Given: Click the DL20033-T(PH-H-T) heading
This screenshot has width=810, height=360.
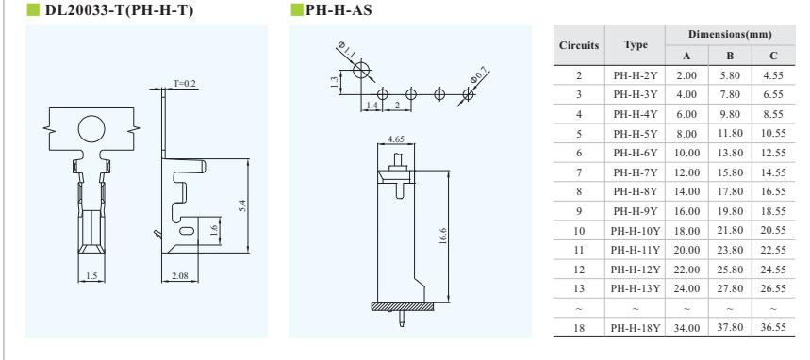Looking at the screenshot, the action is (120, 9).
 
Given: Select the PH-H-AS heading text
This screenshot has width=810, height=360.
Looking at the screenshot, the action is (339, 9).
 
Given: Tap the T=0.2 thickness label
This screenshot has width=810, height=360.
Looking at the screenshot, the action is (185, 84).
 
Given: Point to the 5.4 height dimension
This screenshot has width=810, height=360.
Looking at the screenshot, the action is (244, 205).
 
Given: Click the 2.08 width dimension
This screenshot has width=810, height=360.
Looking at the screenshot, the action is (179, 276).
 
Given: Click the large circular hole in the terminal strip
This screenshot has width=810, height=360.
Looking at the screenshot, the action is (91, 128).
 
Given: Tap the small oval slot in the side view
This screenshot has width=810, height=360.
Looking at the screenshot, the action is (187, 230).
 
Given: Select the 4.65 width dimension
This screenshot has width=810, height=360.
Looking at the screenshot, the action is (395, 139).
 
